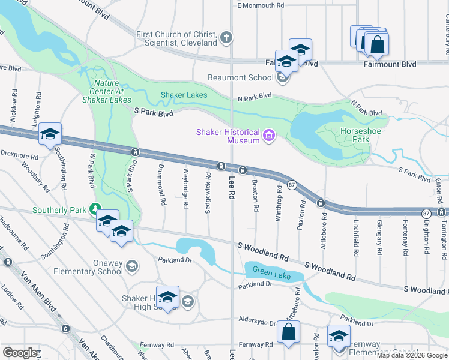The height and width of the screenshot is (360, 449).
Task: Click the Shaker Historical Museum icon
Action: pos(270,136)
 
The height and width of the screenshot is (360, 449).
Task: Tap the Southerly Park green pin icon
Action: pos(94,209)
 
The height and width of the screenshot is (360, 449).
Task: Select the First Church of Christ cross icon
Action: pos(226,38)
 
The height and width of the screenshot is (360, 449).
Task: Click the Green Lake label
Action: pos(271,274)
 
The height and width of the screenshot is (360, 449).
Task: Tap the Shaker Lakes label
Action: pos(184,95)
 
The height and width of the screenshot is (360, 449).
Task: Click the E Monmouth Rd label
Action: pos(261,5)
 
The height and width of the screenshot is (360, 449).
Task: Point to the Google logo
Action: pos(20,353)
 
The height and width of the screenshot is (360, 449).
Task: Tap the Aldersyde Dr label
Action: pos(256,320)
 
